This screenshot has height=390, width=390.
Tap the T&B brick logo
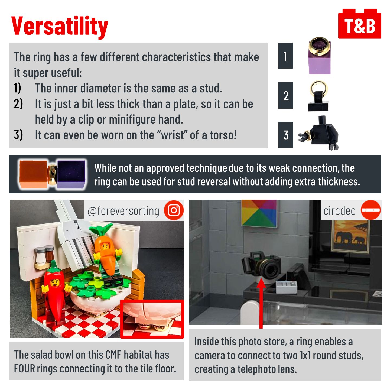(360, 24)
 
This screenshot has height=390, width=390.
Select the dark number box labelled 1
(285, 56)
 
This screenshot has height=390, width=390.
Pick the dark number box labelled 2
(285, 95)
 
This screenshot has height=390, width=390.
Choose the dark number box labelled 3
(285, 135)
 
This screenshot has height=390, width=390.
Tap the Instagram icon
(174, 210)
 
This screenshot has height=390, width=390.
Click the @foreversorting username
(123, 211)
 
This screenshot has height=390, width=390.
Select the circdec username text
(339, 211)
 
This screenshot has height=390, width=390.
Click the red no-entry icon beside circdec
(371, 210)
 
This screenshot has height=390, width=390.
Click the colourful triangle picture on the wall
(259, 213)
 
